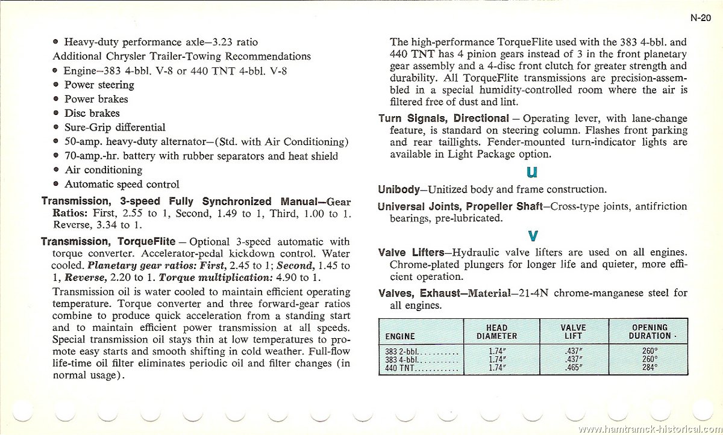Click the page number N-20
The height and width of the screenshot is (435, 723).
(x=700, y=18)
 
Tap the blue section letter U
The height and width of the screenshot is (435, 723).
(x=532, y=171)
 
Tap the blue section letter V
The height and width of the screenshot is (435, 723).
(x=533, y=235)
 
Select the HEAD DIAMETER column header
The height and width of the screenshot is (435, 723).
(x=496, y=332)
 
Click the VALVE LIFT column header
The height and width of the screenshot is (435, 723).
(x=573, y=332)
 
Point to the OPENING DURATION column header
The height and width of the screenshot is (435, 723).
(x=649, y=332)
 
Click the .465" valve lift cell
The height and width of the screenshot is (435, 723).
(x=573, y=368)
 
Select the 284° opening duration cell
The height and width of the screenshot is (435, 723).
(x=649, y=368)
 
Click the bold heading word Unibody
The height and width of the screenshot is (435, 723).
(x=398, y=189)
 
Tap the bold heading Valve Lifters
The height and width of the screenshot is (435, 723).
(x=412, y=252)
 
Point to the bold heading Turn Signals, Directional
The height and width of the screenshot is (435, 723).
(x=443, y=119)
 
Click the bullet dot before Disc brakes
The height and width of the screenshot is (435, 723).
(x=56, y=113)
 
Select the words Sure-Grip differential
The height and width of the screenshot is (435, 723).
(x=114, y=128)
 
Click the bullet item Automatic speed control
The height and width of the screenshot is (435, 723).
(x=122, y=184)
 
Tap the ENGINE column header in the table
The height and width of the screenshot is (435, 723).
(x=400, y=336)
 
